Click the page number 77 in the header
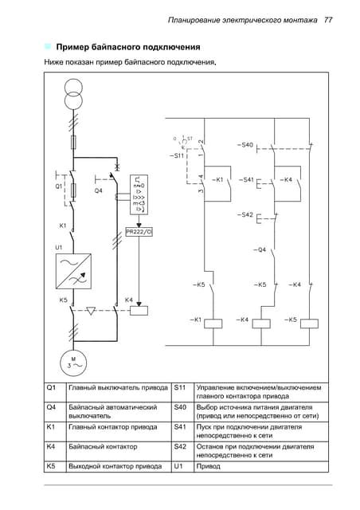tap(327, 18)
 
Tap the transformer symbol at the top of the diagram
tap(73, 87)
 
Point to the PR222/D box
tap(139, 232)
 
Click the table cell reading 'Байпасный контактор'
tap(103, 447)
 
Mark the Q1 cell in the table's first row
tap(52, 388)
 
